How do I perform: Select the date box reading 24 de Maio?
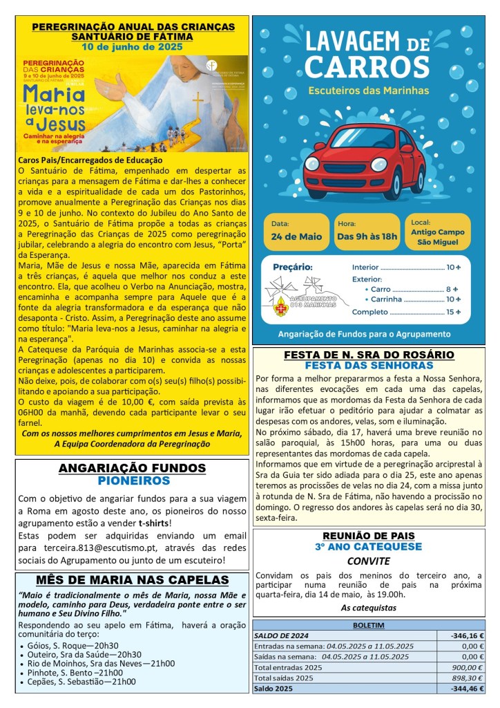pyautogui.click(x=296, y=232)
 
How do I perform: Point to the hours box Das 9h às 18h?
pyautogui.click(x=367, y=232)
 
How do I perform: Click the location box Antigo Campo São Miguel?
pyautogui.click(x=439, y=232)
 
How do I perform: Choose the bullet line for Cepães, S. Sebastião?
pyautogui.click(x=85, y=681)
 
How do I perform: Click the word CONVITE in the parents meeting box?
pyautogui.click(x=368, y=561)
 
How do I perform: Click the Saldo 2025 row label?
pyautogui.click(x=275, y=689)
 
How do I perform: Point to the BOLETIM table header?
pyautogui.click(x=368, y=624)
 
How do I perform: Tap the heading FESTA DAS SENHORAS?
pyautogui.click(x=368, y=365)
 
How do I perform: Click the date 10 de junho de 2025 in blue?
pyautogui.click(x=132, y=47)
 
